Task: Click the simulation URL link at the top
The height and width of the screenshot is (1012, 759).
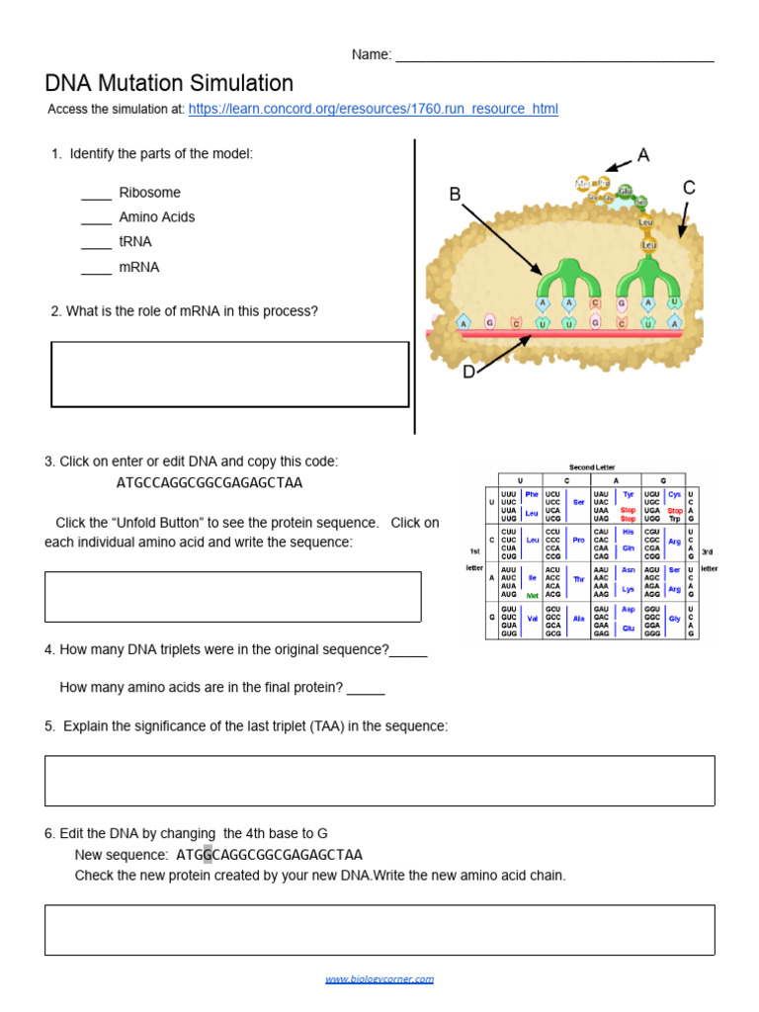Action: tap(373, 109)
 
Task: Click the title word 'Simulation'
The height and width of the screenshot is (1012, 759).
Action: tap(236, 83)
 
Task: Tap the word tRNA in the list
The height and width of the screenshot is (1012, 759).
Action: tap(135, 242)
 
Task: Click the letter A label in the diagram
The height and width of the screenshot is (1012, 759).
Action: tap(643, 155)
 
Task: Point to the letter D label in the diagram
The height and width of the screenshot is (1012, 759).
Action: tap(468, 372)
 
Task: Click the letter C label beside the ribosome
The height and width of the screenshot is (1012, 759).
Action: tap(689, 187)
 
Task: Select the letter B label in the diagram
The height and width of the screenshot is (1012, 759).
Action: tap(455, 195)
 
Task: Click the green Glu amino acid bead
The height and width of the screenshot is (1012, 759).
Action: tap(625, 191)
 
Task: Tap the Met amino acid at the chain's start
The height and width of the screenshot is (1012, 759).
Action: tap(583, 184)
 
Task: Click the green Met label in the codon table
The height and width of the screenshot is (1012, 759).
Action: tap(532, 596)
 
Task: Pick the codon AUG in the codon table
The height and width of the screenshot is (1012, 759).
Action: tap(509, 595)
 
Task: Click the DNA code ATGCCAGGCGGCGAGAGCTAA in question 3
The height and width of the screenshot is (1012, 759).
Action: tap(210, 483)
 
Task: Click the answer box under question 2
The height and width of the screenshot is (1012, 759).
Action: tap(229, 375)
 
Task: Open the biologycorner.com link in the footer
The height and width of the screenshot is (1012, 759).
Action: tap(379, 979)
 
